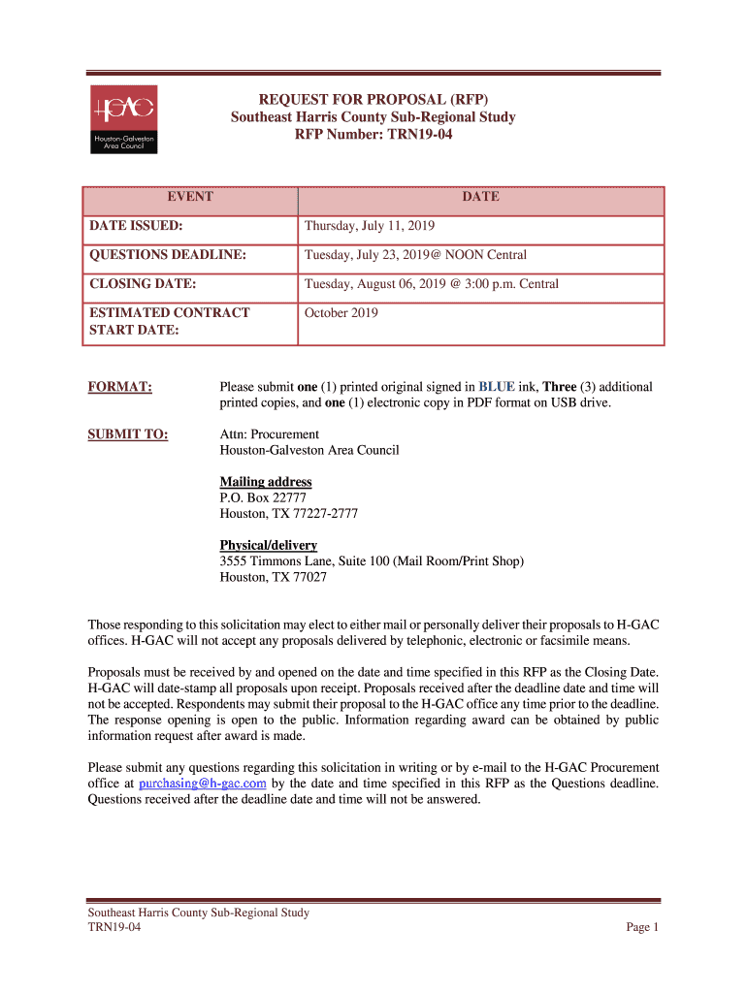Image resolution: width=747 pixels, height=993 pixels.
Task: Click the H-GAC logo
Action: point(123,118)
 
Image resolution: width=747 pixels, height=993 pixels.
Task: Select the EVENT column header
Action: point(190,197)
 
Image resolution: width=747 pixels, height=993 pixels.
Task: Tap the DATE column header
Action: point(480,197)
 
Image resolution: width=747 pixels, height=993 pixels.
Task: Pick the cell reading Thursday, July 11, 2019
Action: point(370,226)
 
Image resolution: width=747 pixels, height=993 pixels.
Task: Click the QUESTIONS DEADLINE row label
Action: point(167,255)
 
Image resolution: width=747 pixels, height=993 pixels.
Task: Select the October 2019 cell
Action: point(341,313)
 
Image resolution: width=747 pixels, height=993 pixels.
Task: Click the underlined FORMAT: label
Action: point(120,387)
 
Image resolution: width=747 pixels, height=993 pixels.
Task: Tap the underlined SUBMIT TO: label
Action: point(128,434)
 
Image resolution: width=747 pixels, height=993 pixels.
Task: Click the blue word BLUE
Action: point(497,387)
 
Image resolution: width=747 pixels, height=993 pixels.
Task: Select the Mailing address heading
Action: point(266,482)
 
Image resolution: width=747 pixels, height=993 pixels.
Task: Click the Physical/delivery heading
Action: point(269,545)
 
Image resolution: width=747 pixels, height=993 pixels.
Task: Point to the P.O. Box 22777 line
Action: point(263,497)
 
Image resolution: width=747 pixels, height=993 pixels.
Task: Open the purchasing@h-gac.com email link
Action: point(203,784)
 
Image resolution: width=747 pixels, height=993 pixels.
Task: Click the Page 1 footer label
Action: point(642,927)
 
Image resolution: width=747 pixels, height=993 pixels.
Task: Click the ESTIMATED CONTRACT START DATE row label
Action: point(170,321)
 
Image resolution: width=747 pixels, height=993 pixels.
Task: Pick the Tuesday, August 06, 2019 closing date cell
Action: point(432,284)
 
